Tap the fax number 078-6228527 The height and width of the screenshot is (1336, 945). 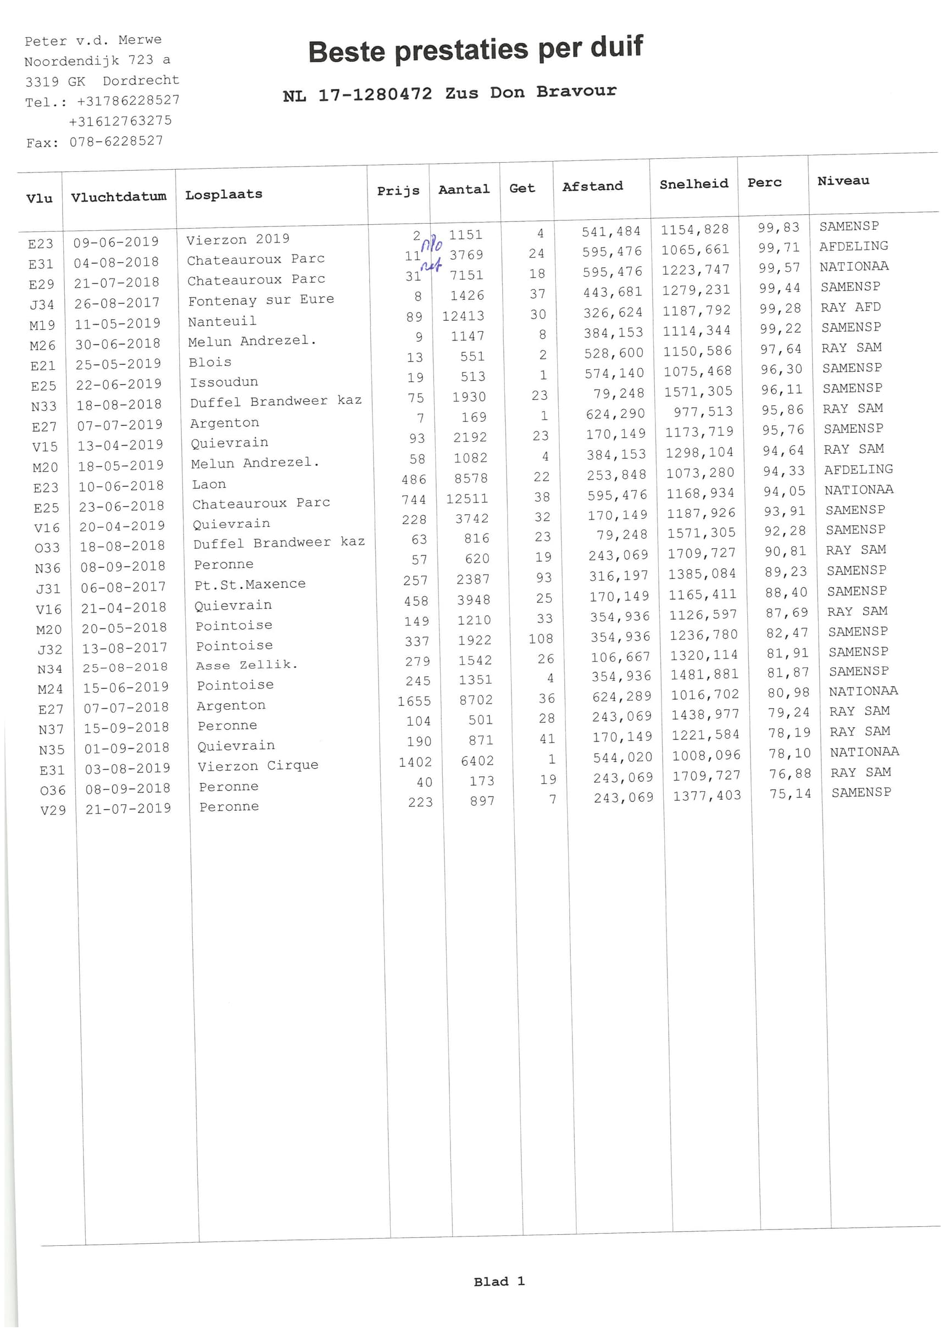(116, 141)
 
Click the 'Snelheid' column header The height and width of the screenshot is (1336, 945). (693, 185)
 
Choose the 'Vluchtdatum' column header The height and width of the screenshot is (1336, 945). (119, 197)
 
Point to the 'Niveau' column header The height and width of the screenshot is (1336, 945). (843, 181)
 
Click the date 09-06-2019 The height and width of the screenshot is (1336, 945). (116, 242)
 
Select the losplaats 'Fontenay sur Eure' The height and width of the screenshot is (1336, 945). (260, 300)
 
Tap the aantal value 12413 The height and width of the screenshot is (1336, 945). (463, 316)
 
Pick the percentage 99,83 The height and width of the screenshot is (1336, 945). (779, 227)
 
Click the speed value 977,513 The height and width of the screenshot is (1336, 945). (703, 412)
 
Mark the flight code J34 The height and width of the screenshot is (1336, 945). (41, 304)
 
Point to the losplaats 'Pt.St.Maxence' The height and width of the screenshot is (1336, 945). (249, 584)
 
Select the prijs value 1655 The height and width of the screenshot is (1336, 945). (414, 701)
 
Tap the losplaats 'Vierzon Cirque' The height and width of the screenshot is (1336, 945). (258, 766)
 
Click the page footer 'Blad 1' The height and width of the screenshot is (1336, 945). (499, 1281)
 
